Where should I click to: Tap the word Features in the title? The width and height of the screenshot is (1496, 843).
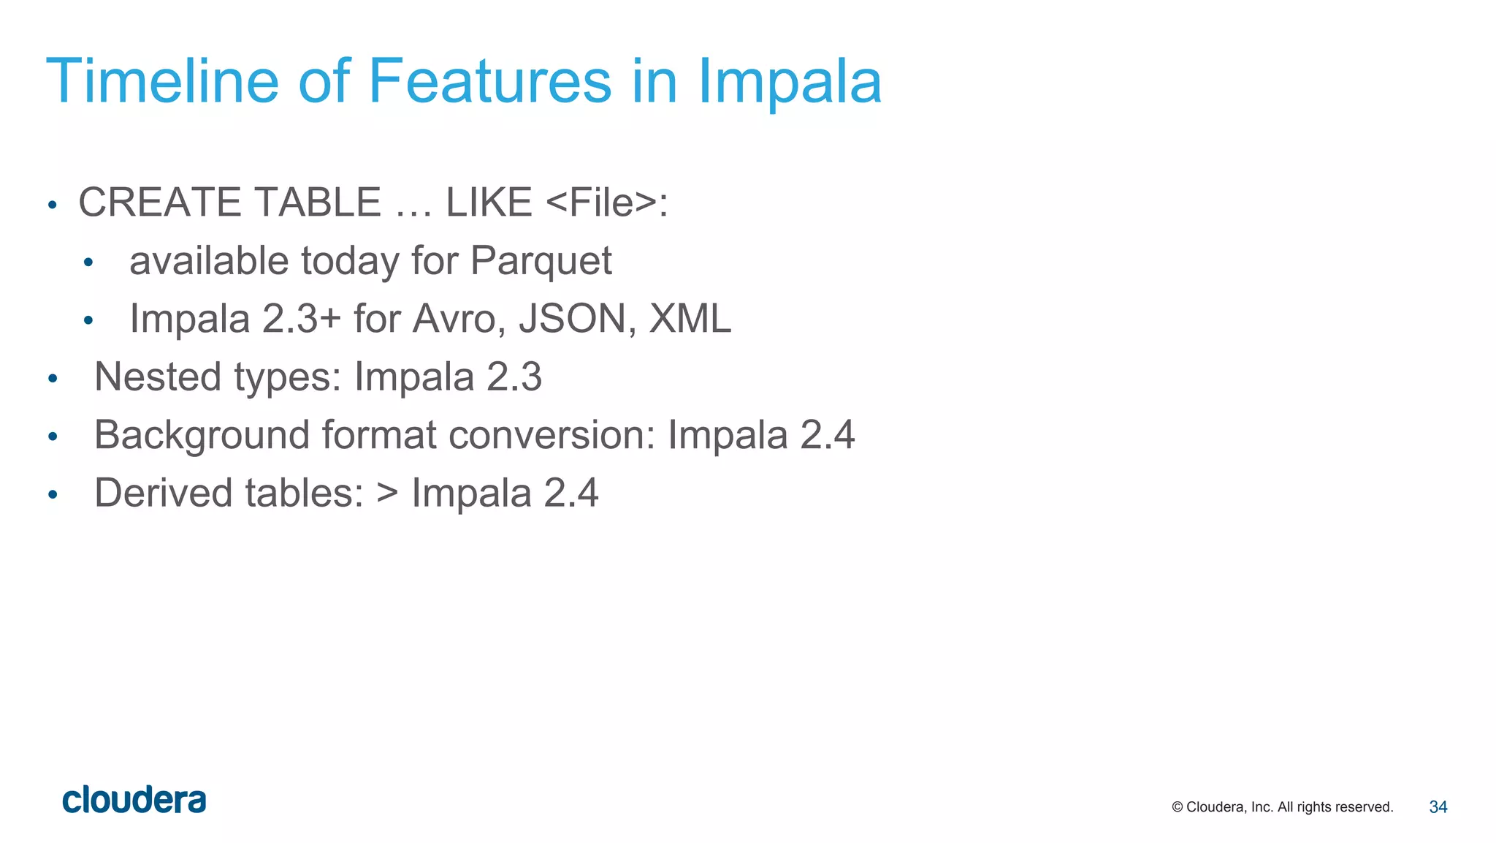point(489,81)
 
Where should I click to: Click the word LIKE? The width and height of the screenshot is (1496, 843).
point(489,203)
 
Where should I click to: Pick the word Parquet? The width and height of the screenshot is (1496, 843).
point(541,262)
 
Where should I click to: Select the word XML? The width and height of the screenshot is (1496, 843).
point(690,319)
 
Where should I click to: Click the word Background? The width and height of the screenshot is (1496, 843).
point(202,435)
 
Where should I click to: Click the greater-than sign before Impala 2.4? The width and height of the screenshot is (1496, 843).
point(387,494)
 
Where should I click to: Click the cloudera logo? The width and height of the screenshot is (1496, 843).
point(134,800)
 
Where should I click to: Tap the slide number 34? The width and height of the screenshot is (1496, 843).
point(1438,807)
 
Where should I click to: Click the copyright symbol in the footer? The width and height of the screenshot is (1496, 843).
point(1177,807)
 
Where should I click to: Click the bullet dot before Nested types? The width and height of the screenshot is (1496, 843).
point(53,379)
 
